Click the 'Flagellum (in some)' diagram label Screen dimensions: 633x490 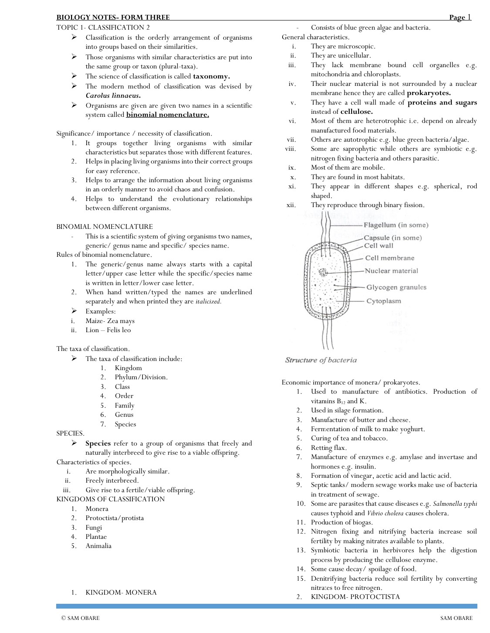(396, 225)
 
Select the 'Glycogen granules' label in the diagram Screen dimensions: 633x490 (396, 287)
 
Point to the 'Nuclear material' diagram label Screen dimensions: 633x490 (391, 271)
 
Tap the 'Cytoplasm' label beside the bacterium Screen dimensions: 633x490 (383, 301)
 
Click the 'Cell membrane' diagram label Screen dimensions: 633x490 (389, 258)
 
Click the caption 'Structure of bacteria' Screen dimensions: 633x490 (321, 360)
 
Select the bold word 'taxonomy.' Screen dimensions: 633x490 (211, 76)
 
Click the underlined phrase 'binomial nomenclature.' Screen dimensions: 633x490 (168, 115)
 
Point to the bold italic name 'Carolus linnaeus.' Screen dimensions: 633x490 (113, 95)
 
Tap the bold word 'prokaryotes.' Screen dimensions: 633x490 (429, 93)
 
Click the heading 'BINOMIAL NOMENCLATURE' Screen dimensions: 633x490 (105, 227)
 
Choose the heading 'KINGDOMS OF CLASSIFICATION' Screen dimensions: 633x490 (111, 499)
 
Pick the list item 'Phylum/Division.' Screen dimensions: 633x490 (141, 377)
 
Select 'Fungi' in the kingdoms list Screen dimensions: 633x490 (94, 527)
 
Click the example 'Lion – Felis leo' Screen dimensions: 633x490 (108, 330)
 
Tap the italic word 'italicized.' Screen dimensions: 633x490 (208, 302)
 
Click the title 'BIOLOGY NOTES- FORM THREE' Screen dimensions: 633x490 (113, 17)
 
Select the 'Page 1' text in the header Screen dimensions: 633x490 (460, 17)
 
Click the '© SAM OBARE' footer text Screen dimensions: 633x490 (80, 618)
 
